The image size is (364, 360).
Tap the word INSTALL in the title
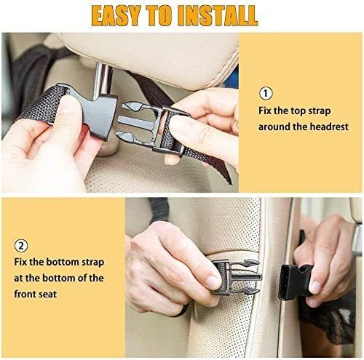(215, 15)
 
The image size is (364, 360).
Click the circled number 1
(265, 93)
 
